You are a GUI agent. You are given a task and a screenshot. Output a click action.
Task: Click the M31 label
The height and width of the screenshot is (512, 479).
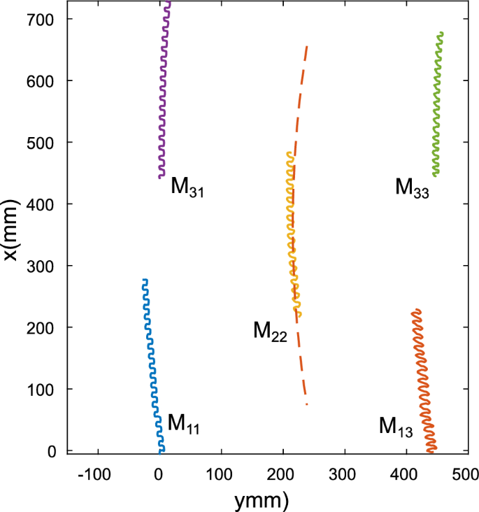(187, 187)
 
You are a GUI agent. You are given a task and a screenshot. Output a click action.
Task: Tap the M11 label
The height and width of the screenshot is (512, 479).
(183, 424)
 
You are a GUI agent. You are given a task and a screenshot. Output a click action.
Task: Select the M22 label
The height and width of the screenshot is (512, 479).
(270, 332)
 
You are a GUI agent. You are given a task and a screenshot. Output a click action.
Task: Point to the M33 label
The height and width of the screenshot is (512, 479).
(412, 187)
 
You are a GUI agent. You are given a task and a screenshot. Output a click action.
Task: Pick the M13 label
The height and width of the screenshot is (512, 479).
(396, 426)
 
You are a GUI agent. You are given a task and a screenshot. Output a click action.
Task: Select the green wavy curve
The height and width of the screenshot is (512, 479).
(438, 105)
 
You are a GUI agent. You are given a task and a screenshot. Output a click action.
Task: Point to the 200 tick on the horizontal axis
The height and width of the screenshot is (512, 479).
(283, 474)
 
